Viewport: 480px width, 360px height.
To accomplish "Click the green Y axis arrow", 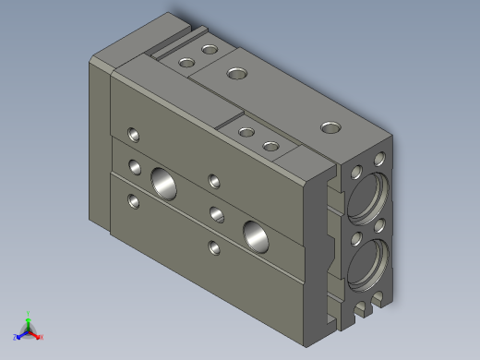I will [x=29, y=317].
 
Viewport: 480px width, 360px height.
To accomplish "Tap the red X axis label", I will [x=42, y=338].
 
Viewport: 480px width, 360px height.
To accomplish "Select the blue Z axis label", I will [x=17, y=338].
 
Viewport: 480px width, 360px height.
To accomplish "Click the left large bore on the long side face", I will [x=163, y=182].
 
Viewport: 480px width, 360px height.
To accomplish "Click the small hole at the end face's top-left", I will [x=356, y=171].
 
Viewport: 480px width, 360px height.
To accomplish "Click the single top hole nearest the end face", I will [x=329, y=127].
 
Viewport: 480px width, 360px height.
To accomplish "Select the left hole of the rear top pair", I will [x=187, y=63].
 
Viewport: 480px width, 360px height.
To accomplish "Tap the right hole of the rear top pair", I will [x=210, y=50].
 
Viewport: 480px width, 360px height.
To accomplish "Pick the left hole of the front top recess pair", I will [x=246, y=132].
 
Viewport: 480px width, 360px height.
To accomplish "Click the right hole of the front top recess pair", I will [x=270, y=146].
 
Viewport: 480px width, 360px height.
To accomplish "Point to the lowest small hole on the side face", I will [x=213, y=246].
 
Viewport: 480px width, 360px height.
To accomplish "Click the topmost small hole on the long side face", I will [x=135, y=133].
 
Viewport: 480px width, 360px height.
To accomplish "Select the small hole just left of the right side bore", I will [x=218, y=215].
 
